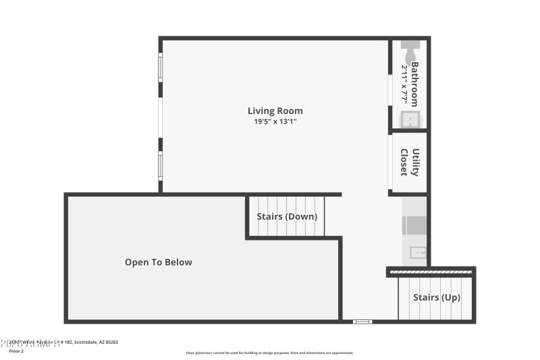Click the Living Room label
[x=275, y=111]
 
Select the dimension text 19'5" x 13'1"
[x=275, y=122]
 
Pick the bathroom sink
[x=410, y=120]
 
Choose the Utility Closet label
[x=410, y=162]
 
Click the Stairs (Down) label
[x=287, y=217]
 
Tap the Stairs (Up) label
[x=437, y=297]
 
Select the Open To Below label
[x=158, y=262]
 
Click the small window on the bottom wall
[x=362, y=322]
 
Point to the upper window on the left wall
[x=161, y=68]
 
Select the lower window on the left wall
[x=161, y=165]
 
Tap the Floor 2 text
[x=16, y=351]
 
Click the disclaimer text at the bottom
[x=269, y=353]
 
